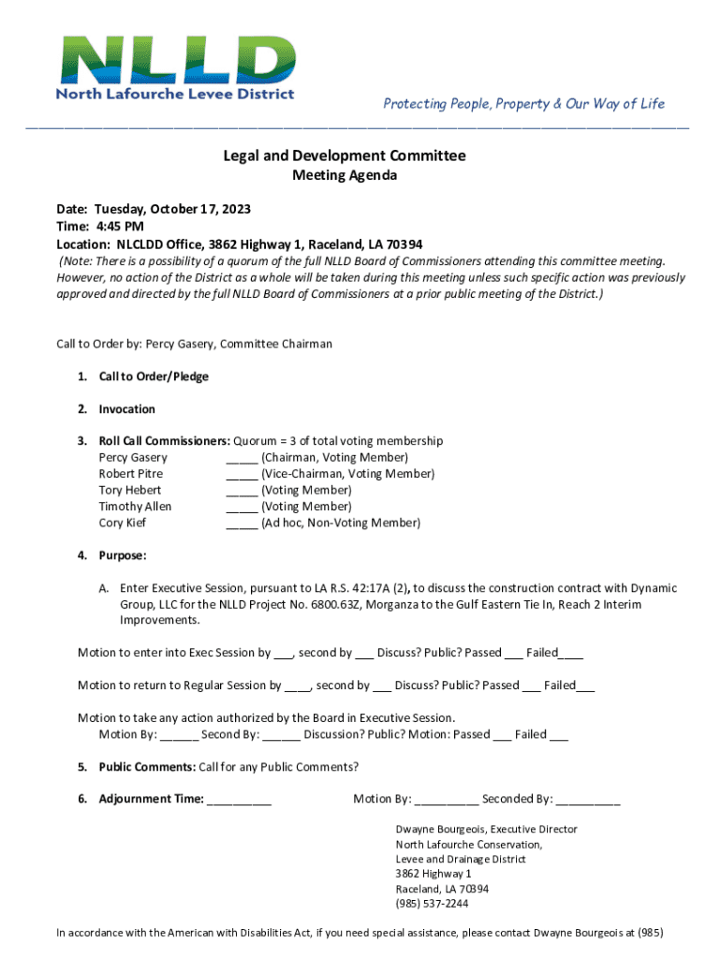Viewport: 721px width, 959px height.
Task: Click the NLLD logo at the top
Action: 175,67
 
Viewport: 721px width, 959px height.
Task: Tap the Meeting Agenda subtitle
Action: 345,176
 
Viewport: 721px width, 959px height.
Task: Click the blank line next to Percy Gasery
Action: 242,458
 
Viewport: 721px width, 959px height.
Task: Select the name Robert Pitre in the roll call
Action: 130,474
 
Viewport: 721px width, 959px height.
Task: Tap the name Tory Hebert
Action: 129,490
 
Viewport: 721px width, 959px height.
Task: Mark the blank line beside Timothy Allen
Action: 242,507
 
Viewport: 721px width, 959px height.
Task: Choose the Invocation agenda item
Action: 126,409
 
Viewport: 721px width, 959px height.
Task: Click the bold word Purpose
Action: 122,555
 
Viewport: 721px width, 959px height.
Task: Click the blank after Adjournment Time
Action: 239,800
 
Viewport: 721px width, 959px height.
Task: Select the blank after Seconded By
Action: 588,800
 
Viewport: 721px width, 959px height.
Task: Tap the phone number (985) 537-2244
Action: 432,904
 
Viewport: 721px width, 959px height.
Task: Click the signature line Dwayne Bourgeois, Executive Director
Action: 486,829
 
